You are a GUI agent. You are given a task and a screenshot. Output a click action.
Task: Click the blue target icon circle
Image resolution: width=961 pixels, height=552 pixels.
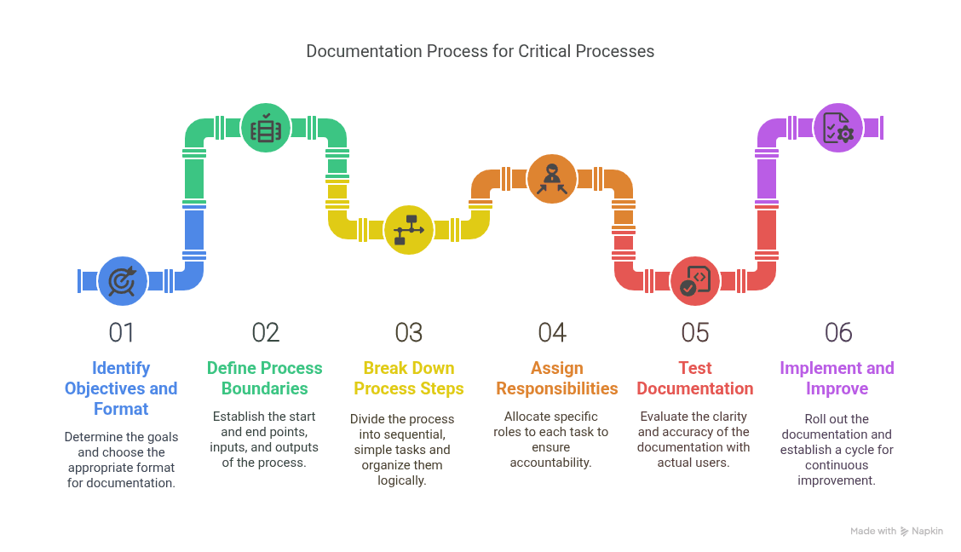[x=123, y=281]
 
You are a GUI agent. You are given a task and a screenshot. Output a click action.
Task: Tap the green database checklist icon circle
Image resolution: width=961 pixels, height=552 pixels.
[x=266, y=128]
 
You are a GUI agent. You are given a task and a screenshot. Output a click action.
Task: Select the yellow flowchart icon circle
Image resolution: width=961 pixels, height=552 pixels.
[x=409, y=230]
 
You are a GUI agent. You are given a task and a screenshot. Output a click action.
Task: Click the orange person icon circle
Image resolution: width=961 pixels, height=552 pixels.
[x=552, y=179]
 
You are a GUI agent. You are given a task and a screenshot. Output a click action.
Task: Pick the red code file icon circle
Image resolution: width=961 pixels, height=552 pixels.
[x=695, y=281]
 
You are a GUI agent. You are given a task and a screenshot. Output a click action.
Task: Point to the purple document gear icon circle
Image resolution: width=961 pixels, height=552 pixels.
[x=838, y=128]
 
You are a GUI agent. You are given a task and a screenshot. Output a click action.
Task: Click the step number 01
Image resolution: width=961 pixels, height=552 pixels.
[x=122, y=332]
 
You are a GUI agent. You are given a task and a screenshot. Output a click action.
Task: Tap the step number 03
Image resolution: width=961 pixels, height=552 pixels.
[x=409, y=332]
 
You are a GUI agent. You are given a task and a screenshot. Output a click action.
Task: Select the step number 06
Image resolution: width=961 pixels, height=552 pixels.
[x=838, y=332]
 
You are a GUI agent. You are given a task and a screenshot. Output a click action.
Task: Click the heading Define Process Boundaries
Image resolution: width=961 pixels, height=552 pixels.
[x=265, y=378]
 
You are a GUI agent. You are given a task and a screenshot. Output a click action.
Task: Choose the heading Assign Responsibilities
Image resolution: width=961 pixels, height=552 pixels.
[x=557, y=378]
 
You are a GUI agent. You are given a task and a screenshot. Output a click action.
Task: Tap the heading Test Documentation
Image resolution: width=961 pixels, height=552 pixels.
[x=695, y=378]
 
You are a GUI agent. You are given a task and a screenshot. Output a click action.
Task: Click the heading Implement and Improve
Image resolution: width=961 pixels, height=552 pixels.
[x=837, y=378]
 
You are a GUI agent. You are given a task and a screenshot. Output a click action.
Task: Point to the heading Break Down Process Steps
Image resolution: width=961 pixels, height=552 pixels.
[x=409, y=378]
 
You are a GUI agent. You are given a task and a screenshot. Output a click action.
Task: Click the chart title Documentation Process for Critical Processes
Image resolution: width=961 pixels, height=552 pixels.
[x=480, y=51]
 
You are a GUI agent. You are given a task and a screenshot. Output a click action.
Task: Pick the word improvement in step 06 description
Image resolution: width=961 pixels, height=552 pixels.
[x=836, y=480]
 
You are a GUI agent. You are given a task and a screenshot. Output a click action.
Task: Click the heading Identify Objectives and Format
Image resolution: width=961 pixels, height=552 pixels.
[x=121, y=388]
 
